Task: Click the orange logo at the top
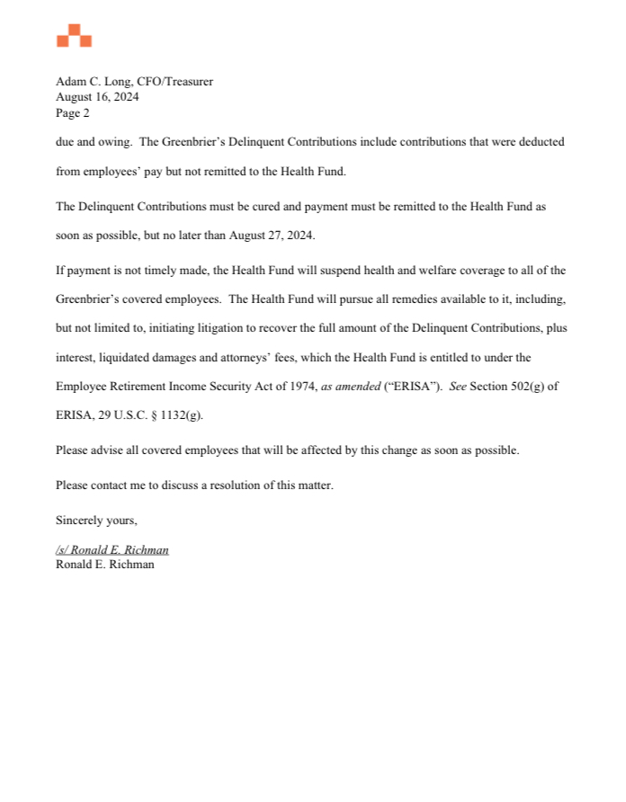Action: coord(74,37)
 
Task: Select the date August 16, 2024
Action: coord(97,97)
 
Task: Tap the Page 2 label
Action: coord(73,113)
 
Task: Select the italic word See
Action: coord(458,386)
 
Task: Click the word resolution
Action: coord(234,486)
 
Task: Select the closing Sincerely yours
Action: coord(96,520)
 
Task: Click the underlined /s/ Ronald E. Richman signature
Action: coord(112,549)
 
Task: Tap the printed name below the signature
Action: coord(104,565)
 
